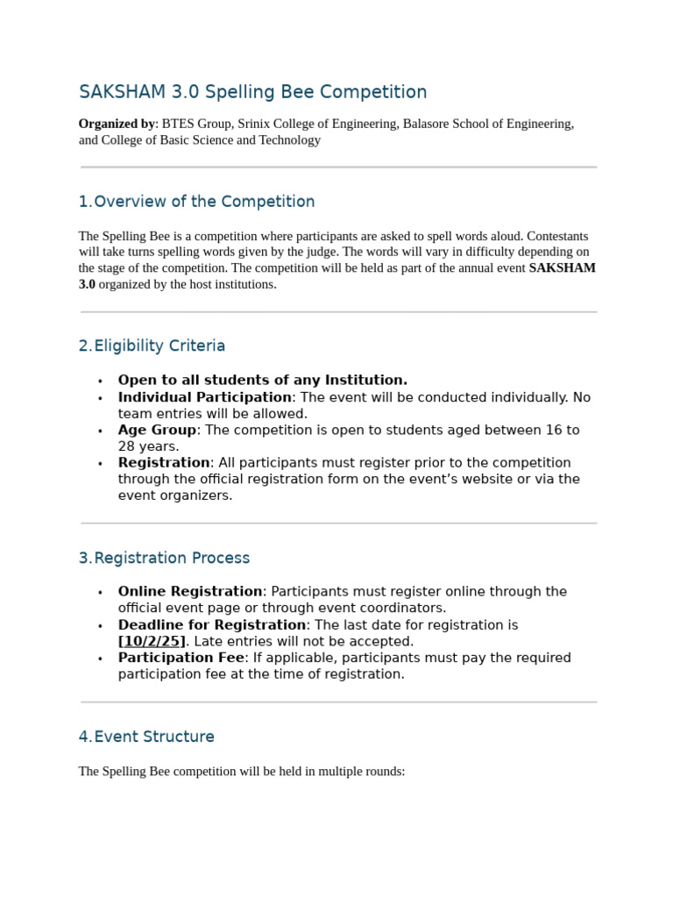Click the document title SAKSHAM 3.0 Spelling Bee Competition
[x=252, y=92]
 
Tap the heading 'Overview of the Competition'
[x=204, y=202]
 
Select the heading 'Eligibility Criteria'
[x=159, y=346]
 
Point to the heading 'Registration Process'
[x=172, y=558]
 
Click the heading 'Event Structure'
[x=154, y=737]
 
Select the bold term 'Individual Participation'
[x=204, y=397]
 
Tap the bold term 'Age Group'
[x=157, y=430]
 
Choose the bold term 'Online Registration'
[x=190, y=591]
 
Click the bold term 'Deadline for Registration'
[x=212, y=624]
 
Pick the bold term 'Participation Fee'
[x=181, y=658]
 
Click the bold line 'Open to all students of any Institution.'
[x=262, y=380]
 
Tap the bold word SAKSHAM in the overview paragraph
[x=562, y=267]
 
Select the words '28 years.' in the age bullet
[x=148, y=446]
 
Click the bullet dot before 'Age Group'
[x=100, y=431]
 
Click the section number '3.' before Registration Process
[x=85, y=558]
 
